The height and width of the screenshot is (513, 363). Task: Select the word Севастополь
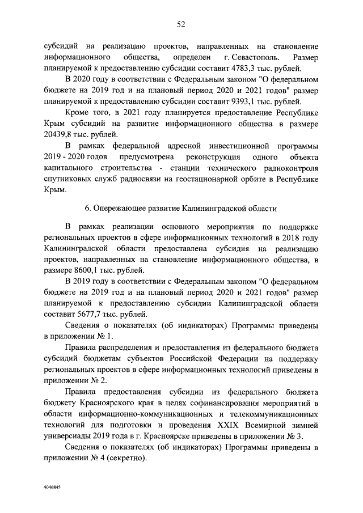tap(254, 57)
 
